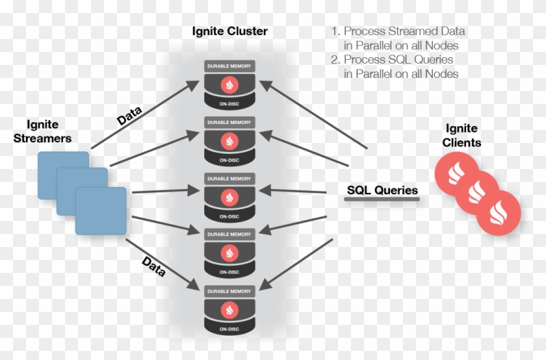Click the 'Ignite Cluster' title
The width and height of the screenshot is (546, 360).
(229, 31)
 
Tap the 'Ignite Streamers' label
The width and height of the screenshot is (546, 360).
(49, 131)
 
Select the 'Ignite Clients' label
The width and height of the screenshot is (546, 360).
(462, 135)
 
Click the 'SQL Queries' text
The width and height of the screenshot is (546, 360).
(382, 190)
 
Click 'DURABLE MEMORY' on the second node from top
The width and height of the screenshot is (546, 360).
(229, 122)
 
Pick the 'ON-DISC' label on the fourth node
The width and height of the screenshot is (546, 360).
(229, 272)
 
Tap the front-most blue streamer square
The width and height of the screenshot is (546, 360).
(101, 211)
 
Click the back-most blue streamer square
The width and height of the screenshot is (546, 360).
(63, 174)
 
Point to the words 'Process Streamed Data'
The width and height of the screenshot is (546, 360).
(404, 31)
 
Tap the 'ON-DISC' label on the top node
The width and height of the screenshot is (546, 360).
(229, 103)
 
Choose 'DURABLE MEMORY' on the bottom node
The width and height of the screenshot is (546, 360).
(229, 292)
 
